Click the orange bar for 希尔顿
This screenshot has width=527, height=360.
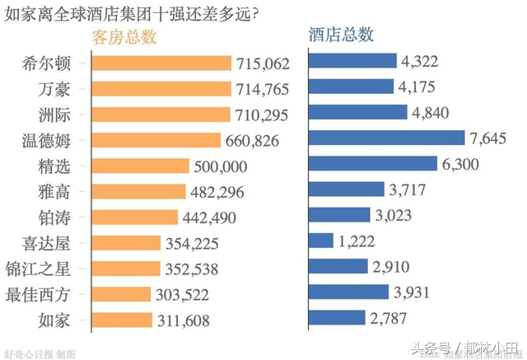click(161, 63)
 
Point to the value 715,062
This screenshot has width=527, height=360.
click(263, 63)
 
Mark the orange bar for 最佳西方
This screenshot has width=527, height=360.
click(121, 294)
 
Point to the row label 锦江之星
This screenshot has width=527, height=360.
click(52, 269)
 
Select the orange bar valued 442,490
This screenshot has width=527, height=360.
click(134, 217)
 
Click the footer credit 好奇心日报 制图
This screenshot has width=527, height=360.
click(40, 352)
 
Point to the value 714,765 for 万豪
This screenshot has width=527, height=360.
click(262, 89)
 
